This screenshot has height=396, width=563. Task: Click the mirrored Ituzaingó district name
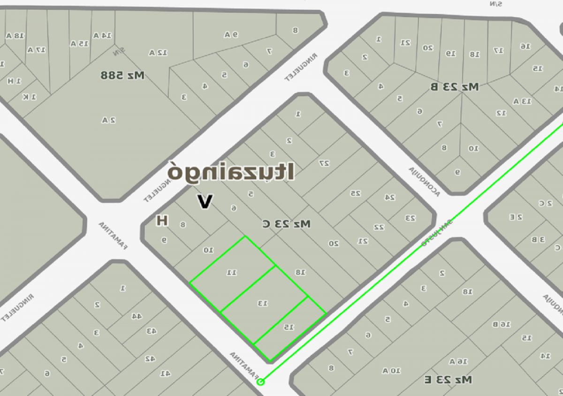pos(231,172)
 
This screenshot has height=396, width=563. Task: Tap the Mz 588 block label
pos(123,75)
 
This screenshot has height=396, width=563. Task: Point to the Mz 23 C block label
pos(286,224)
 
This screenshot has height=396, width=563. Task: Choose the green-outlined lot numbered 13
pos(263,304)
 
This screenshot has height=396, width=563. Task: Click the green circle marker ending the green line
pos(261,382)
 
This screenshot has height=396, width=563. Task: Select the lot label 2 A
pos(108,120)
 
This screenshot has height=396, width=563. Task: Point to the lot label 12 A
pos(159,53)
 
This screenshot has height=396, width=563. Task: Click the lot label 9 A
pos(231,34)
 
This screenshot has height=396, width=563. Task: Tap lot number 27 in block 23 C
pos(324,163)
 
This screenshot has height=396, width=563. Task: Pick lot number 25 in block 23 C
pos(356,193)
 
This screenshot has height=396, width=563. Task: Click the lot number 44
pos(136,316)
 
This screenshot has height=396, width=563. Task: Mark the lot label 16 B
pos(501,324)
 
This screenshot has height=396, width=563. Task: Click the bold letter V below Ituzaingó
pos(205,202)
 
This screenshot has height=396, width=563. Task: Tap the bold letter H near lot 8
pos(162,220)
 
